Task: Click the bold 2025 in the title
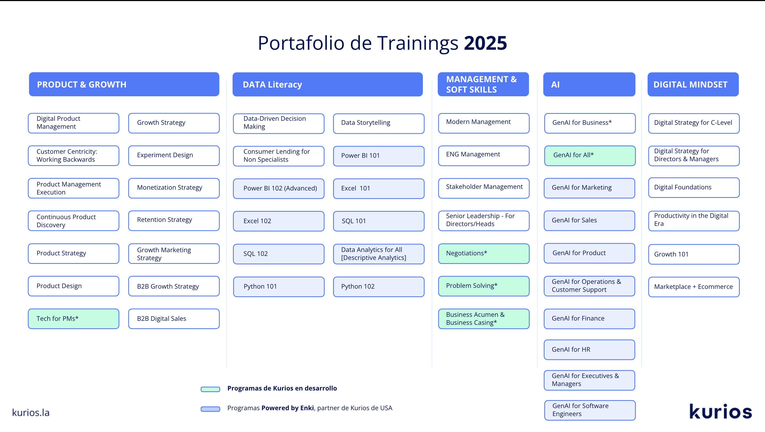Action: tap(485, 43)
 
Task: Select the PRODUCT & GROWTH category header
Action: tap(124, 84)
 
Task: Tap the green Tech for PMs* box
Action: tap(74, 319)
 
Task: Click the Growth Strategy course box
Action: tap(174, 123)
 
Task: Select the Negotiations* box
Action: tap(484, 253)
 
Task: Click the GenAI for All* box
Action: tap(590, 156)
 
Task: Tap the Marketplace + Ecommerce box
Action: tap(694, 287)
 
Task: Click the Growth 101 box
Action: tap(694, 254)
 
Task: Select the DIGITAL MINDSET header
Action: tap(693, 84)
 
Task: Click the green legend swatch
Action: tap(210, 389)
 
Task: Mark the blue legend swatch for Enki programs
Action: tap(210, 409)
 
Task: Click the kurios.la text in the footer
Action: tap(31, 412)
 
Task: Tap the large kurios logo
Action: tap(721, 412)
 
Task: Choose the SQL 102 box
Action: tap(279, 254)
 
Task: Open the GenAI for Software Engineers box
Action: tap(590, 410)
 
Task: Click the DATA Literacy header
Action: tap(328, 84)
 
